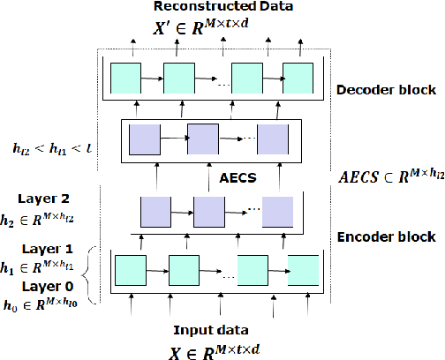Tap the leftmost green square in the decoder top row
pos(125,79)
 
